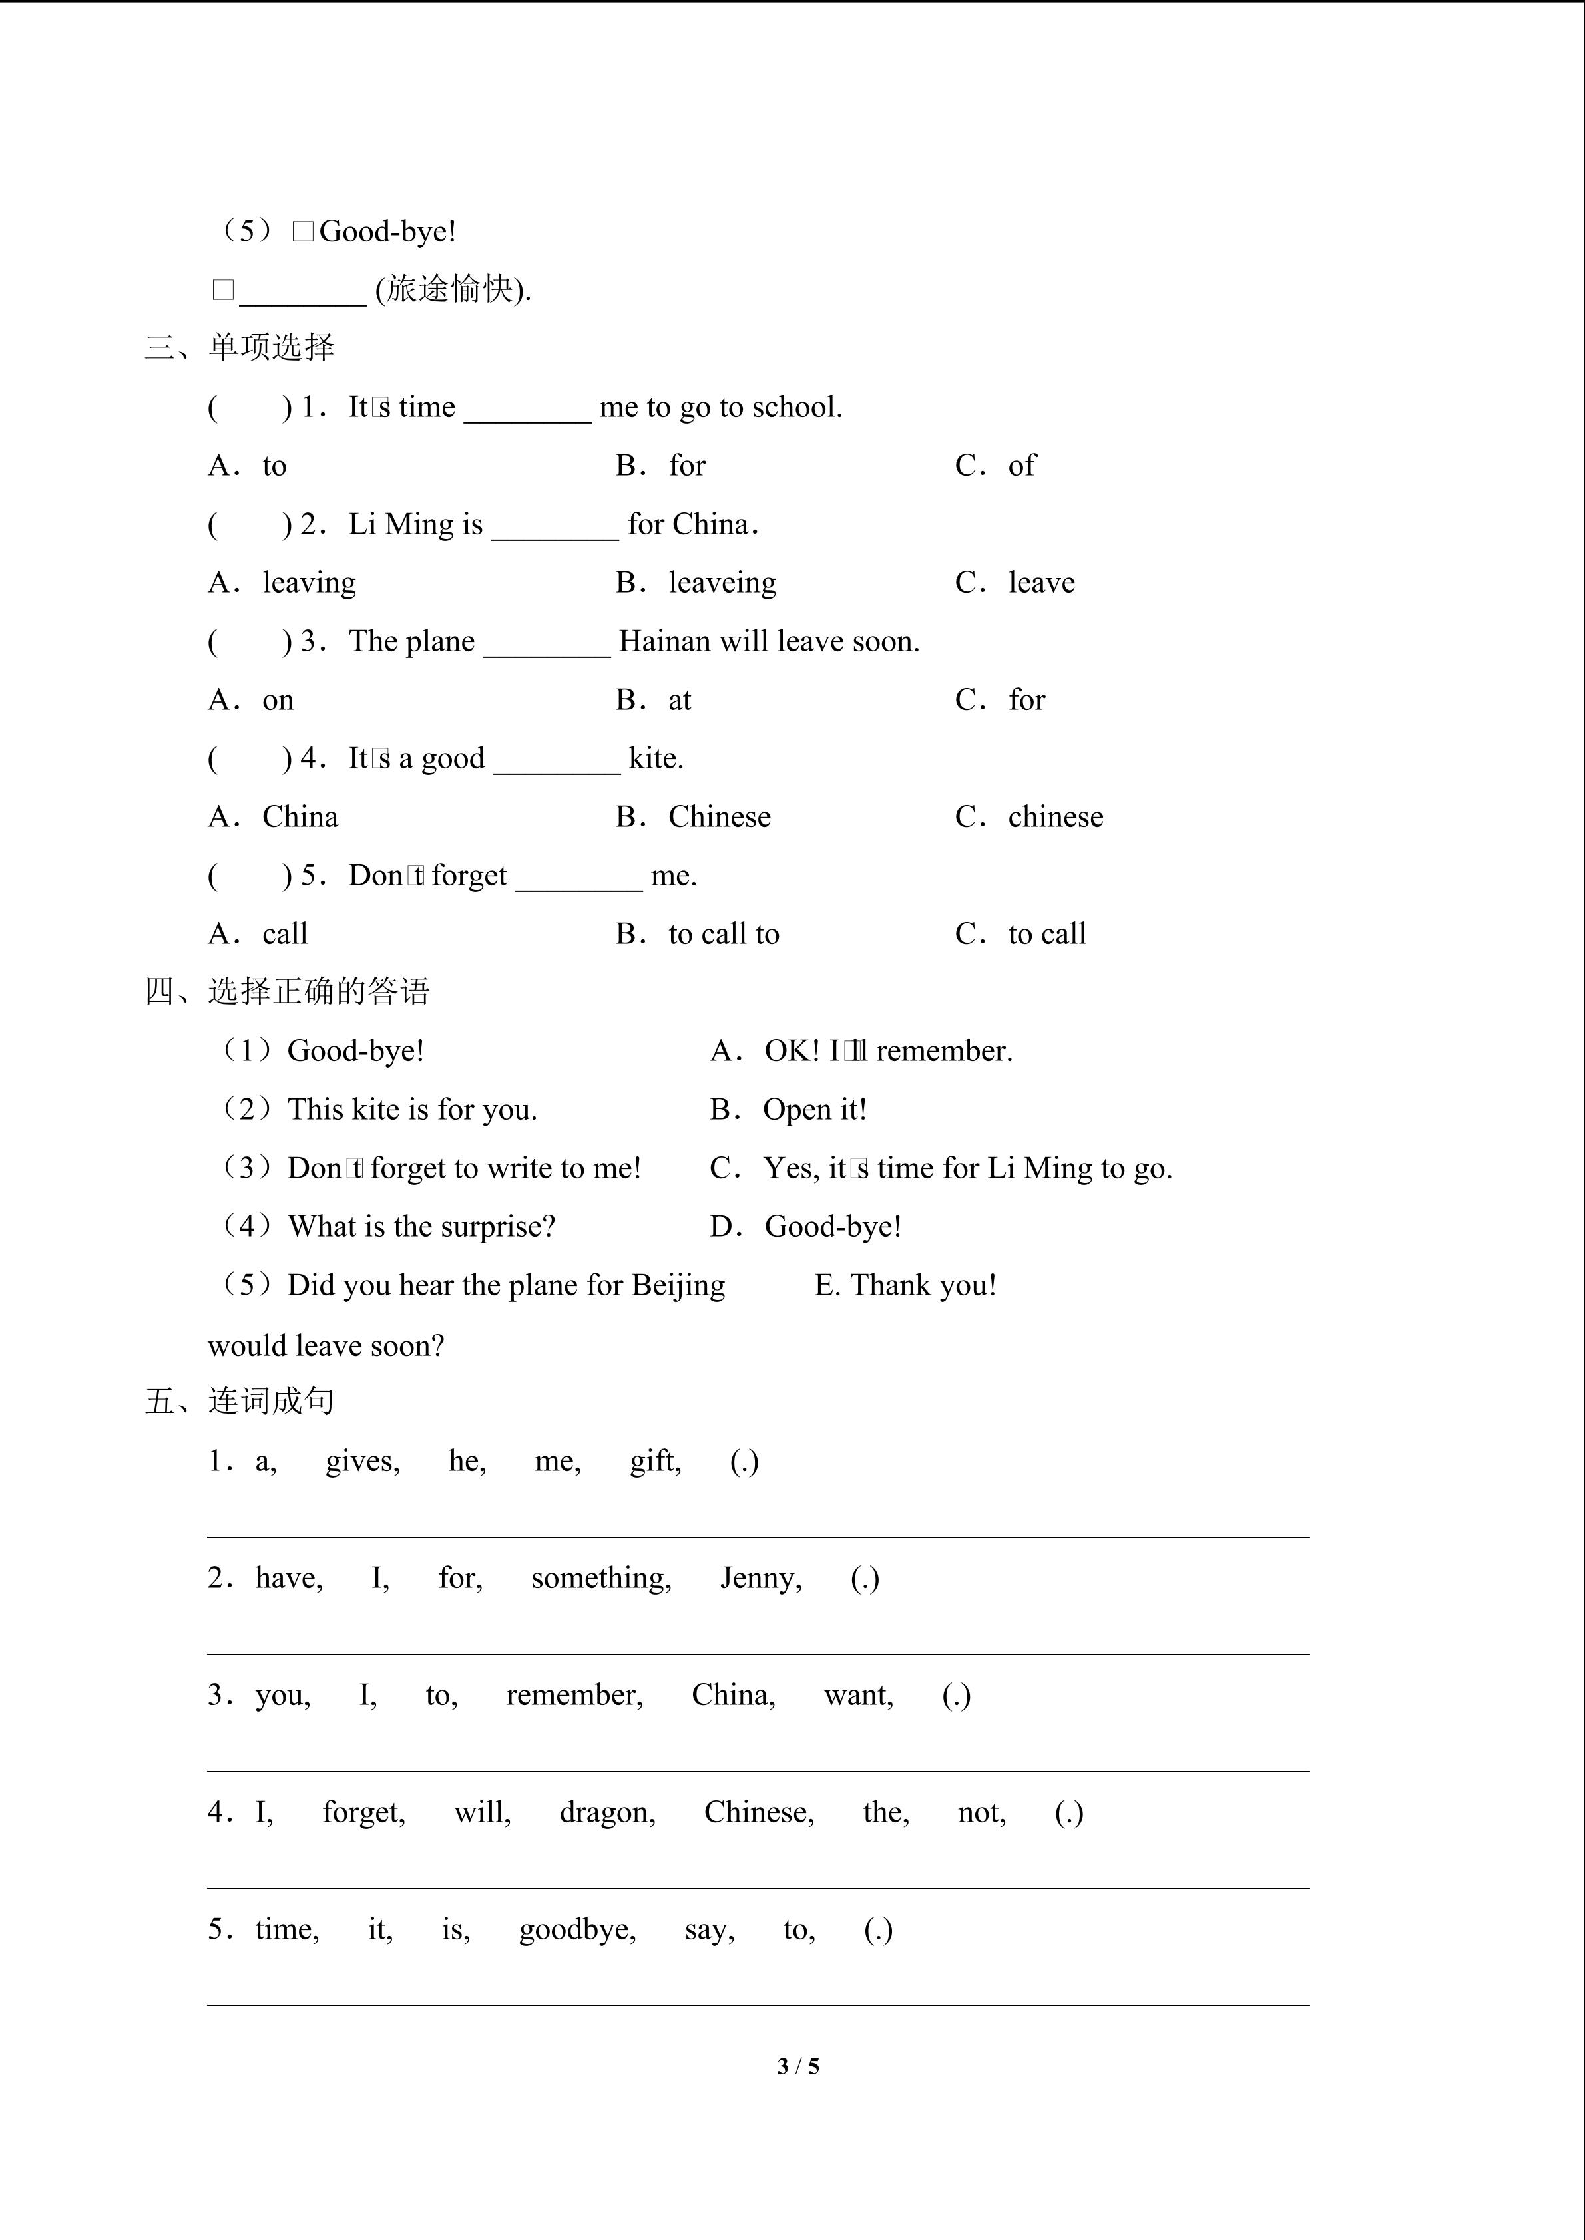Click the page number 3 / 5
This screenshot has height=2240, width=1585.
(x=797, y=2066)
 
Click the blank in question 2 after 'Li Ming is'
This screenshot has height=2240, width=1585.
(x=555, y=527)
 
